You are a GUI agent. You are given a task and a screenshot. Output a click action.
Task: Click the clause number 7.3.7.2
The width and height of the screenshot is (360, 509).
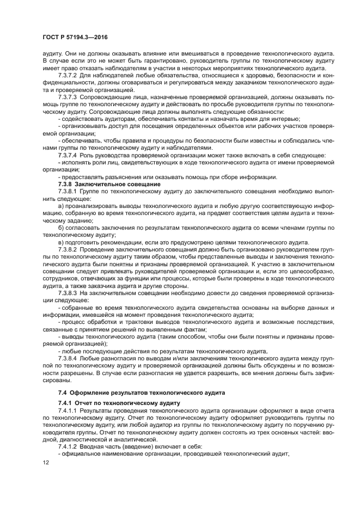pyautogui.click(x=68, y=75)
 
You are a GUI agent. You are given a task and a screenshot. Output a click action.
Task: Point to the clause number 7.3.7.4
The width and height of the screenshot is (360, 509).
pyautogui.click(x=68, y=155)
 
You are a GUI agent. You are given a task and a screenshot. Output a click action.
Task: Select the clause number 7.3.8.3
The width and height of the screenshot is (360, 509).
pyautogui.click(x=68, y=292)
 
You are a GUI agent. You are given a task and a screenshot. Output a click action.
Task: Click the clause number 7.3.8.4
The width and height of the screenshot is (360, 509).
pyautogui.click(x=68, y=358)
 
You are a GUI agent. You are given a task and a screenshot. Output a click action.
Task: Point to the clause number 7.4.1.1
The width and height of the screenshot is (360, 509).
pyautogui.click(x=68, y=410)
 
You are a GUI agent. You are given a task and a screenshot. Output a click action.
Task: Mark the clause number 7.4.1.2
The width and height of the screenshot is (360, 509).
pyautogui.click(x=68, y=446)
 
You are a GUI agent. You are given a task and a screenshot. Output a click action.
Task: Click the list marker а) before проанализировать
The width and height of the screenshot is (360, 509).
pyautogui.click(x=60, y=205)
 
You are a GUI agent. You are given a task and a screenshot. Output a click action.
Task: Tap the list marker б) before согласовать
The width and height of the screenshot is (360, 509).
pyautogui.click(x=60, y=227)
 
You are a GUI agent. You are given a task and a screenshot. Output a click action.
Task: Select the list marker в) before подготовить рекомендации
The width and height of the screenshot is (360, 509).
pyautogui.click(x=60, y=242)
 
